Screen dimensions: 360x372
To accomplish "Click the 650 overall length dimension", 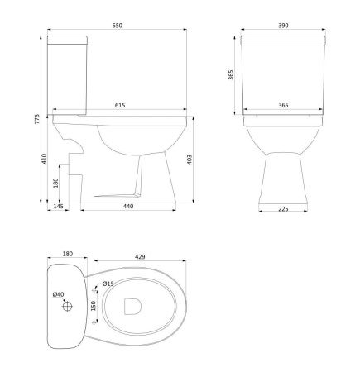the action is [x=117, y=26].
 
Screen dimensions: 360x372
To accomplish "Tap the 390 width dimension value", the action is [x=283, y=26].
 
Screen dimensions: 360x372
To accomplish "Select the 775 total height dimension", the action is [x=37, y=119].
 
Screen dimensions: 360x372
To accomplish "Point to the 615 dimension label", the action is [x=120, y=105].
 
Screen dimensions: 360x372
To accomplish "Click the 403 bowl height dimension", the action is [x=190, y=160].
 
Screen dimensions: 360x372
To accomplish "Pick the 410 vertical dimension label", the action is [x=44, y=159].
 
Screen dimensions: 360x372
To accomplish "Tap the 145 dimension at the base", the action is [x=58, y=206].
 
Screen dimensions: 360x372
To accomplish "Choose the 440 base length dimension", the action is [x=128, y=206].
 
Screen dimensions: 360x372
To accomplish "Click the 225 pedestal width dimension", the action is [x=283, y=209].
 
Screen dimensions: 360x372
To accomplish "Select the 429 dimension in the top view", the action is [x=140, y=256].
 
